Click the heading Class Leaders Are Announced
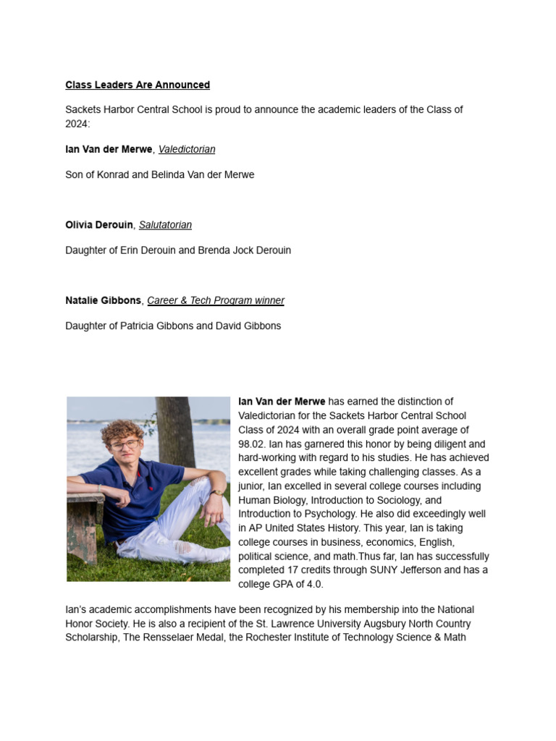pos(138,85)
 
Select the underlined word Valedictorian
pos(187,149)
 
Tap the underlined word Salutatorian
pos(165,225)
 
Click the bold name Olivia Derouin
pos(99,225)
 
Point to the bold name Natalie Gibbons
pos(103,300)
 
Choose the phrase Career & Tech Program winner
pos(216,300)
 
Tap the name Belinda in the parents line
pos(168,174)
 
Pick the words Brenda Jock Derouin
pos(245,250)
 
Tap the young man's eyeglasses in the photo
pos(125,445)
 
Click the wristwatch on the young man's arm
pos(216,494)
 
